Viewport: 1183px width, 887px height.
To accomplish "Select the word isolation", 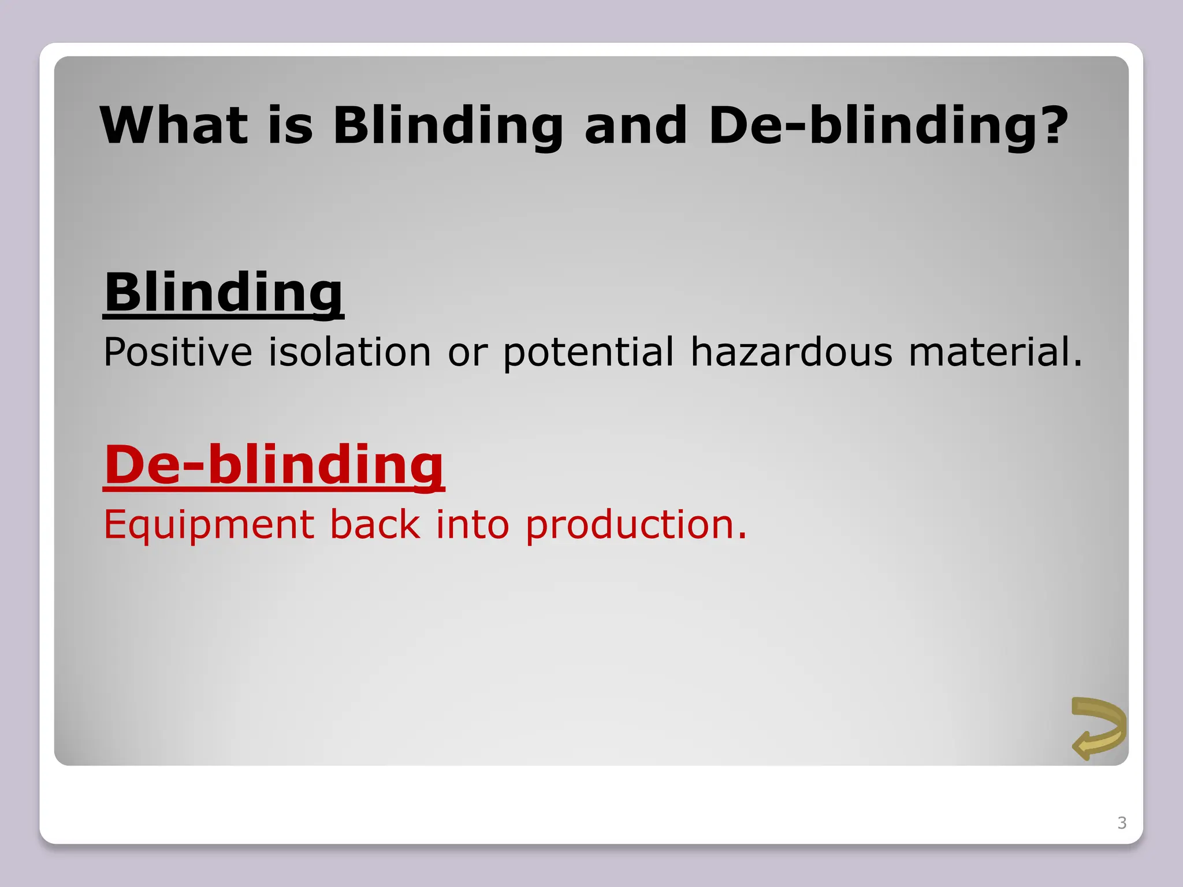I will click(349, 352).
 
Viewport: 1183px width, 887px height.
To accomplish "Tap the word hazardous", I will click(791, 352).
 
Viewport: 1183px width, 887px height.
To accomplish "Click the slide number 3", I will click(1122, 822).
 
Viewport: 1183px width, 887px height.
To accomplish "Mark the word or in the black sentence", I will click(467, 353).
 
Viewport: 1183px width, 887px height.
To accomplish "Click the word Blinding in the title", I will click(448, 126).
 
